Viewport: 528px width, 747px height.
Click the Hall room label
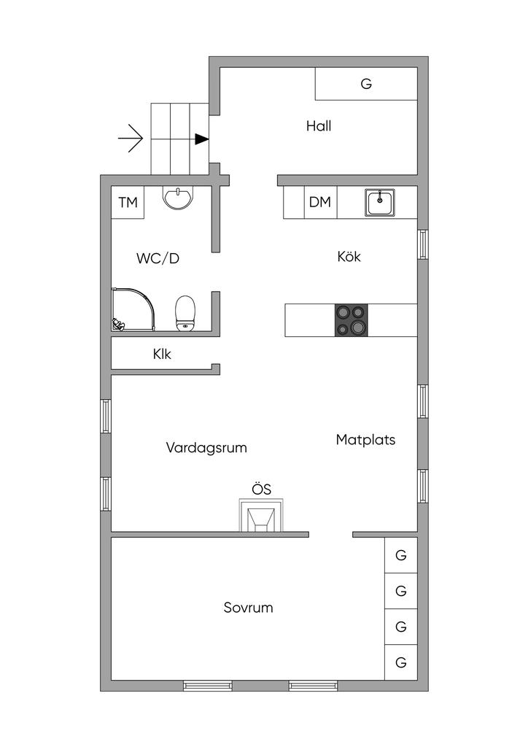point(319,125)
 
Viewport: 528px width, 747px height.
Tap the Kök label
point(349,256)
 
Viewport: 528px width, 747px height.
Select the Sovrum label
point(248,608)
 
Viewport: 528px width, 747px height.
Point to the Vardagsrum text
point(206,447)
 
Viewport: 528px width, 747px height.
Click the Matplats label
point(365,439)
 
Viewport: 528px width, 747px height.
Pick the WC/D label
point(158,258)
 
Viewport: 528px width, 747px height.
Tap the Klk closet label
point(162,354)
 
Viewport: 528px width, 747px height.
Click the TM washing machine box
point(128,203)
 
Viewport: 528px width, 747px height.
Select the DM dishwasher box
point(320,202)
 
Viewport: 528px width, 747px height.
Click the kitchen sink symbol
point(379,203)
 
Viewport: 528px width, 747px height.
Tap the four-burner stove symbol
point(352,320)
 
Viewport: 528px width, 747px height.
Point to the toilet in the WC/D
point(185,314)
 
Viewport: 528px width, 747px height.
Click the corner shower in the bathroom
point(133,309)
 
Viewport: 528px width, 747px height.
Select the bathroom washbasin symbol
point(178,198)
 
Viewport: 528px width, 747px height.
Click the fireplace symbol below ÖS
point(260,515)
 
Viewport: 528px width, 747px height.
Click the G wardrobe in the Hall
point(366,84)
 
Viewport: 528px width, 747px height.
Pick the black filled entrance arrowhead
point(202,139)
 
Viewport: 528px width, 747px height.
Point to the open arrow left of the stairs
point(131,139)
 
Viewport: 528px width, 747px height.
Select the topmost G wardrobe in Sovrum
point(401,555)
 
